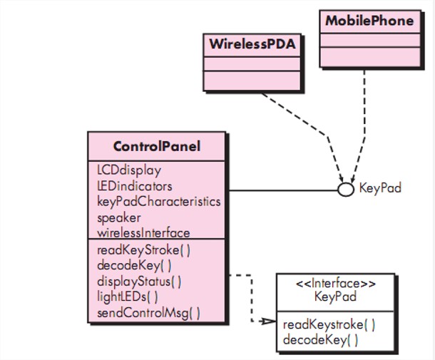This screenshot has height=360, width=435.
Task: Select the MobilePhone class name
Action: coord(369,21)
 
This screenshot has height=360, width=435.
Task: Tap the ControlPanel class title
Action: coord(157,147)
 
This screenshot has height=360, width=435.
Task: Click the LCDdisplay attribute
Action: coord(129,170)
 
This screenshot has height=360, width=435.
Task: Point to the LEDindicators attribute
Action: coord(135,186)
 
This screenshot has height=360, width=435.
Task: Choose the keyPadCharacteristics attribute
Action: coord(158,201)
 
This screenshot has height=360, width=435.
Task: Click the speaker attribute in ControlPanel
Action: coord(119,217)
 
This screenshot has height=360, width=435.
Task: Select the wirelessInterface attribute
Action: coord(143,232)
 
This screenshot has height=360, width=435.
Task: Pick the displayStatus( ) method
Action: coord(139,281)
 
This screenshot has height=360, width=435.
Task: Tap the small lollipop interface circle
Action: coord(346,190)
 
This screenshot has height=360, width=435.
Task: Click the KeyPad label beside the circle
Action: coord(380,189)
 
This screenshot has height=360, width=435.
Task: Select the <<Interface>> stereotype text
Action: coord(336,284)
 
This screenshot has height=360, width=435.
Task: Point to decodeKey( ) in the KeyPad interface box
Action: coord(320,340)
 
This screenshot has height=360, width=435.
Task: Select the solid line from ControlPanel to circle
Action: coord(282,190)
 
